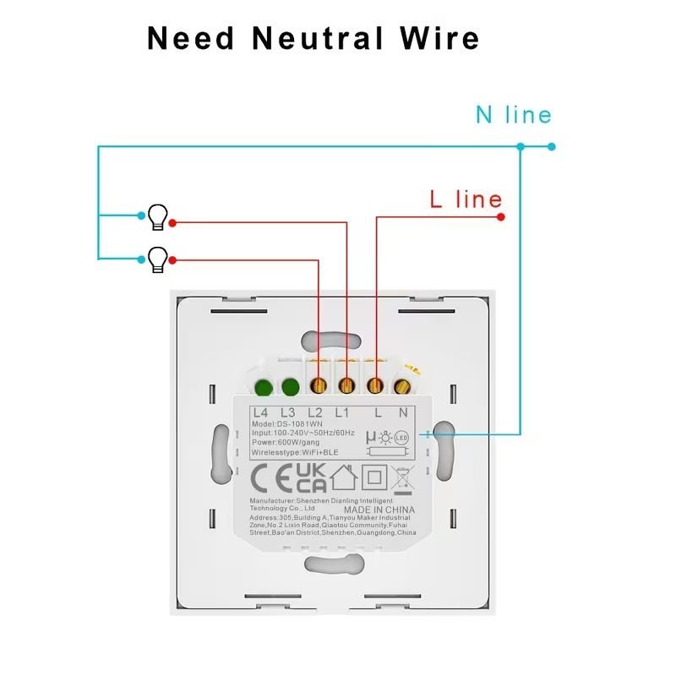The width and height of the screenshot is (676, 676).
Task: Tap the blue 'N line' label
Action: point(513,115)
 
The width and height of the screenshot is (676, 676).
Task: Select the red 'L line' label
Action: point(466,200)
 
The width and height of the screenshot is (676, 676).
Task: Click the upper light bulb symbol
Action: point(157,217)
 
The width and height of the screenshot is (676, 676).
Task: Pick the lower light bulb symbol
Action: point(157,259)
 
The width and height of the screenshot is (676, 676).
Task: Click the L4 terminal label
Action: point(260,412)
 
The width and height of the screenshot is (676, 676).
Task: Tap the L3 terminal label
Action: point(287,412)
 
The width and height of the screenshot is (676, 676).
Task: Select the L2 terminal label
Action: point(315,412)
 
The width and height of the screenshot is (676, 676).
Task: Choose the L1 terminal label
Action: point(342,412)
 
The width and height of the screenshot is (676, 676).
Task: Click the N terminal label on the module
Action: point(403,412)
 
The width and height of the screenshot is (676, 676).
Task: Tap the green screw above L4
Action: point(262,388)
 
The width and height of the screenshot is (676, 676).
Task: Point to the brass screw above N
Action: point(402,388)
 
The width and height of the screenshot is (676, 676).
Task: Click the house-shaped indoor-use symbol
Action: point(344,478)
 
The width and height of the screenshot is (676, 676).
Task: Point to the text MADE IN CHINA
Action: point(379,510)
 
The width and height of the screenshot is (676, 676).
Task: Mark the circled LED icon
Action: point(401,438)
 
